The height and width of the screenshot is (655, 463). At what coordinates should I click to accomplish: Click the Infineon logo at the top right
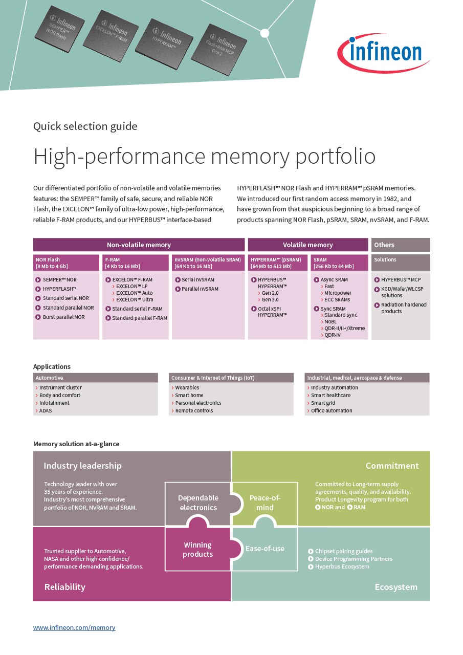coord(383,53)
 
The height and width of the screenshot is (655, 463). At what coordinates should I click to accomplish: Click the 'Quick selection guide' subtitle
coord(85,126)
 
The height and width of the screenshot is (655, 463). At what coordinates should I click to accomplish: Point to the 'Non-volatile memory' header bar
coord(139,245)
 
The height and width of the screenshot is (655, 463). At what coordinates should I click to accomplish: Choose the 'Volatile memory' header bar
coord(307,245)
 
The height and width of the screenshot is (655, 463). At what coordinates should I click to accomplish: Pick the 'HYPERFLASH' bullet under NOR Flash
coord(59,289)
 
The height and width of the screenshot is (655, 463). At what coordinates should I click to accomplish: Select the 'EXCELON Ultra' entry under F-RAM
coord(134,300)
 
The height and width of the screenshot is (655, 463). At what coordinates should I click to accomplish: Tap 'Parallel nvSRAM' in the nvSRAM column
coord(200,289)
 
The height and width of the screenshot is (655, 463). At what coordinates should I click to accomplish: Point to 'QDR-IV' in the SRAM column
coord(332,335)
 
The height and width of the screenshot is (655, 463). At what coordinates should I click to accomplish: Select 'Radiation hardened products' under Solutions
coord(403,308)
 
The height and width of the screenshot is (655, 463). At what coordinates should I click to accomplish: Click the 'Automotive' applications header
coord(50,378)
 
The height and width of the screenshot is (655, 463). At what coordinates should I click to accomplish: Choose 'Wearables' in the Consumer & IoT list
coord(187,388)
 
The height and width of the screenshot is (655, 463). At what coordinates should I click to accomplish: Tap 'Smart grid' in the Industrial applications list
coord(323,403)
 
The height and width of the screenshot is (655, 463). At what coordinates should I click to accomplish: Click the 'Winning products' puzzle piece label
coord(197,550)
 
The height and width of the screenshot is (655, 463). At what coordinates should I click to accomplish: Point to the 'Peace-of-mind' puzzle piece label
coord(264,503)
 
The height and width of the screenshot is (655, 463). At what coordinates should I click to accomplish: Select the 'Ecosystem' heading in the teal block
coord(395,587)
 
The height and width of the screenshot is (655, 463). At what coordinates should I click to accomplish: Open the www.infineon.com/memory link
coord(74,627)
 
